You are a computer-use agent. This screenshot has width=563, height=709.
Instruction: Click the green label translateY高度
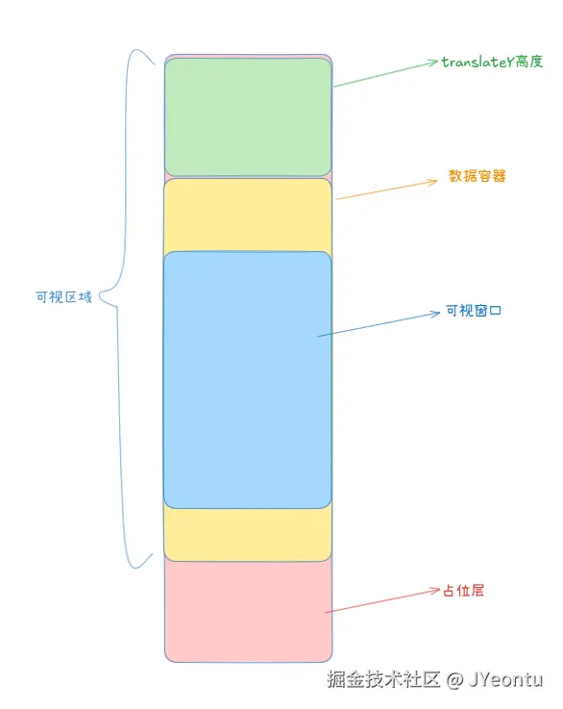(x=492, y=62)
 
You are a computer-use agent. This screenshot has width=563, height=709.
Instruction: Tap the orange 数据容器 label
(x=477, y=176)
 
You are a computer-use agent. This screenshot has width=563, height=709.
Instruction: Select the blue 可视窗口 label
(x=474, y=311)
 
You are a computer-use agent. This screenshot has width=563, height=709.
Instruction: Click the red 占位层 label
(x=463, y=591)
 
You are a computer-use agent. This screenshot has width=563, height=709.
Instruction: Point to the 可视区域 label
(x=63, y=297)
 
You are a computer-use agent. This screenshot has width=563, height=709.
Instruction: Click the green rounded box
(x=248, y=117)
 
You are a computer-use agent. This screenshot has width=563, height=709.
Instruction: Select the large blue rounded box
(x=248, y=380)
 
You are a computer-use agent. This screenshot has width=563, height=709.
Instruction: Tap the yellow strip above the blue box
(x=248, y=215)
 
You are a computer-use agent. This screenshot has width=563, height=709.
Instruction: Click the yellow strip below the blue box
(x=248, y=535)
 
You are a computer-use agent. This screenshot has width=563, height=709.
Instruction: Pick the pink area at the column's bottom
(x=248, y=611)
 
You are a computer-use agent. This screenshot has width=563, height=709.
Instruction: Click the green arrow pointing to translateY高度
(x=386, y=74)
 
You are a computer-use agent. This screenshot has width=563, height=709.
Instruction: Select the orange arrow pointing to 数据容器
(x=387, y=190)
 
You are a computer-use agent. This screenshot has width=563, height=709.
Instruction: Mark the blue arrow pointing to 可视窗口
(x=379, y=324)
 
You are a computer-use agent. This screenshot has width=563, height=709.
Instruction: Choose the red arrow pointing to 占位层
(x=382, y=600)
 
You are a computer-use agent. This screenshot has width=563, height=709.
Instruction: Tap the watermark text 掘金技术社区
(x=383, y=679)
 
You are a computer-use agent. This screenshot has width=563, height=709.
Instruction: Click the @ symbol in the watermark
(x=455, y=679)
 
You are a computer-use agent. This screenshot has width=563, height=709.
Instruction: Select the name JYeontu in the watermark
(x=505, y=679)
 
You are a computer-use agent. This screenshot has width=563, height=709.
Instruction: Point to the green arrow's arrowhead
(x=433, y=63)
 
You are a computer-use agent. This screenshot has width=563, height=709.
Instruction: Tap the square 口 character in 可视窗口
(x=496, y=311)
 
